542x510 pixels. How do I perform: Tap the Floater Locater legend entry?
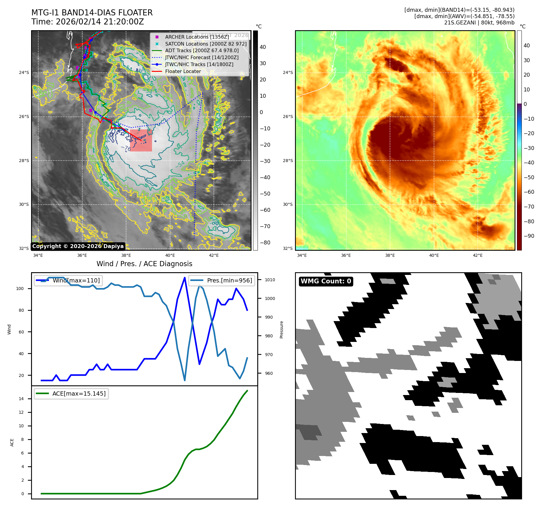[x=183, y=71]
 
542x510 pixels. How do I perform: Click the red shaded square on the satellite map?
[x=141, y=140]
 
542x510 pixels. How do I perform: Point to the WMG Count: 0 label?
[x=326, y=281]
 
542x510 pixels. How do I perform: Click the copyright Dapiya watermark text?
[x=78, y=246]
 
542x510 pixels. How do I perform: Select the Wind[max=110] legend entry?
[x=76, y=280]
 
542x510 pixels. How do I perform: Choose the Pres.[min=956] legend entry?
[x=229, y=280]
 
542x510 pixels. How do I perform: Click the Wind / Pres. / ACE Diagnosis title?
[x=144, y=264]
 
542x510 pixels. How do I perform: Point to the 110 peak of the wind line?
[x=185, y=278]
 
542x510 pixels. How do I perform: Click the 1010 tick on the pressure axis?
[x=270, y=280]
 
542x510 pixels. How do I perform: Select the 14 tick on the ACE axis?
[x=21, y=399]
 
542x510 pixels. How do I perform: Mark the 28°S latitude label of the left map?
[x=24, y=161]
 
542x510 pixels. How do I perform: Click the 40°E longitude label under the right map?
[x=434, y=255]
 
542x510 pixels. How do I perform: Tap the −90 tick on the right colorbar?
[x=529, y=236]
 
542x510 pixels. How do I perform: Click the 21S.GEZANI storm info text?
[x=479, y=23]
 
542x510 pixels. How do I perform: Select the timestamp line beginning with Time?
[x=87, y=22]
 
